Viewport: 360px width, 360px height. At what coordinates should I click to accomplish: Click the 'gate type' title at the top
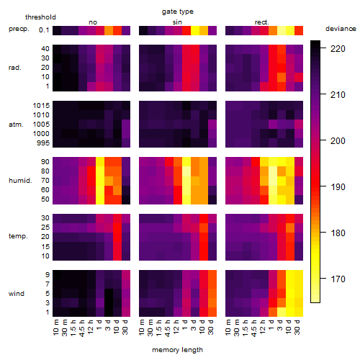(x=178, y=12)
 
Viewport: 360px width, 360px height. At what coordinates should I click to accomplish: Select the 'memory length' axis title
(x=178, y=350)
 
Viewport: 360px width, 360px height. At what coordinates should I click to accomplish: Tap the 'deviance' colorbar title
(x=341, y=29)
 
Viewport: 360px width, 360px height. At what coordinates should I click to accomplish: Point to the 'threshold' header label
(x=40, y=17)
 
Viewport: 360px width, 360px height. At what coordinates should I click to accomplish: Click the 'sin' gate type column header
(x=177, y=22)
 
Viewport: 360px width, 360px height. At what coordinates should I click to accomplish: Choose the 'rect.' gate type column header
(x=262, y=22)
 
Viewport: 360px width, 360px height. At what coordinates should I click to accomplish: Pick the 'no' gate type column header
(x=93, y=22)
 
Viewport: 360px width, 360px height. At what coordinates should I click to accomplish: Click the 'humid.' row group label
(x=20, y=181)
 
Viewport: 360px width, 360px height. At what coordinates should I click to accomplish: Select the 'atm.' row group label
(x=16, y=125)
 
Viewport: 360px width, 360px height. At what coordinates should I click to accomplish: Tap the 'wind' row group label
(x=17, y=294)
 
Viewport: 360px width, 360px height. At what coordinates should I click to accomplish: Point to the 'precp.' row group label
(x=19, y=29)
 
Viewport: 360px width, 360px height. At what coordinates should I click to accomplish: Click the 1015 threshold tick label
(x=41, y=106)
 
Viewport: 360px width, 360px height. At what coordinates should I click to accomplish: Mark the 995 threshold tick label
(x=43, y=143)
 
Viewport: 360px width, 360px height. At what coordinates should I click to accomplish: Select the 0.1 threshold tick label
(x=44, y=30)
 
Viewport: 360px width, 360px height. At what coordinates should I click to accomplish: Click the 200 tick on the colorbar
(x=338, y=141)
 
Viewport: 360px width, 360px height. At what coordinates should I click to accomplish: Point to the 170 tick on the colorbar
(x=338, y=279)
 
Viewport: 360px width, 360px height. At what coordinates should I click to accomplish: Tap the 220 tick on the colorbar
(x=338, y=49)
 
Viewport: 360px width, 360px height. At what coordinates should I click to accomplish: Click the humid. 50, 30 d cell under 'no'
(x=126, y=199)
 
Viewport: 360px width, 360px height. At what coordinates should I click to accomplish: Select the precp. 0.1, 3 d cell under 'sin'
(x=195, y=30)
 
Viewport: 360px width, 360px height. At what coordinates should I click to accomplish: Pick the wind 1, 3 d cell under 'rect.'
(x=282, y=312)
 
